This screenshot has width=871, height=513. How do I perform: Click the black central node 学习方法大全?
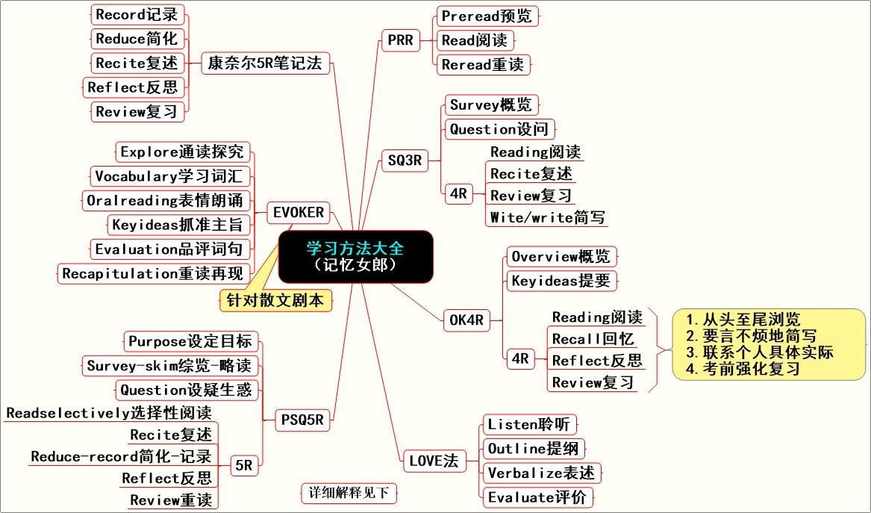(x=355, y=256)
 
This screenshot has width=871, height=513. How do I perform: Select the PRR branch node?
(x=400, y=40)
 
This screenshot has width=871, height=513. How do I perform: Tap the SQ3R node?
(x=405, y=160)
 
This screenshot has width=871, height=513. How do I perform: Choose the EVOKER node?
(x=299, y=213)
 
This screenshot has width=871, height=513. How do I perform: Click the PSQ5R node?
(x=302, y=420)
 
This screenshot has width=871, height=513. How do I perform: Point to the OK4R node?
(x=466, y=320)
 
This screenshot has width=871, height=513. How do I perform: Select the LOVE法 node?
(x=434, y=461)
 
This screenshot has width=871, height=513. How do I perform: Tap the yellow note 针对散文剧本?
(x=276, y=300)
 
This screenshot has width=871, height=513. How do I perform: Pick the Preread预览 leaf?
(x=486, y=16)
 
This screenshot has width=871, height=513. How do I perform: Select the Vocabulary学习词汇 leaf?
(x=171, y=177)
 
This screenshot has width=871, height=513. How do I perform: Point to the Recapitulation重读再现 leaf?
(x=152, y=273)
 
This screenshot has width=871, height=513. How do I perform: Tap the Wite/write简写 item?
(x=546, y=217)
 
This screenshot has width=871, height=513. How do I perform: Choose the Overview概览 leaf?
(x=561, y=257)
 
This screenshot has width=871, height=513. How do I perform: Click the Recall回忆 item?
(x=593, y=339)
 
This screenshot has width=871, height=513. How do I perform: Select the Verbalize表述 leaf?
(x=541, y=473)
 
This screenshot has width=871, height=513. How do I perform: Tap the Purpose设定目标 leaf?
(x=190, y=341)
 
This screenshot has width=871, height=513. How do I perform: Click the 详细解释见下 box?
(x=349, y=493)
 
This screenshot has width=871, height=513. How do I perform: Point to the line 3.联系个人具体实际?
(x=759, y=352)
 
